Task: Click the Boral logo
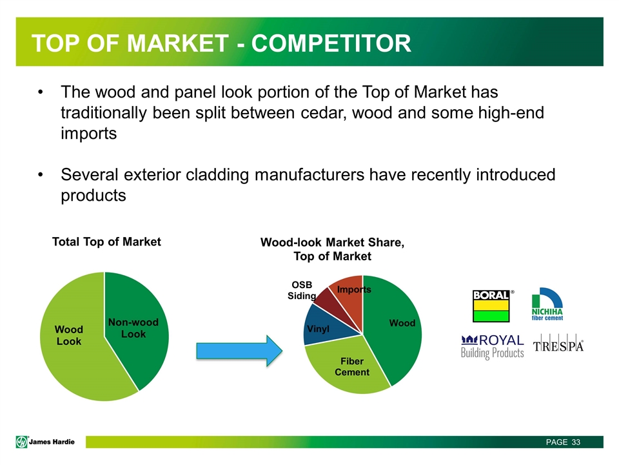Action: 491,305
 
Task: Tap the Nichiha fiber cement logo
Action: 547,304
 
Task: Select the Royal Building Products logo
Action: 492,347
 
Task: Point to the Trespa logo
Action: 558,346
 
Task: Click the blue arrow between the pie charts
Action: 239,351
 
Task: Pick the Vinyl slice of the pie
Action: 322,326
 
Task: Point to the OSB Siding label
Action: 302,290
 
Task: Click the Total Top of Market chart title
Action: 106,242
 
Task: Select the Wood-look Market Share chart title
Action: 333,249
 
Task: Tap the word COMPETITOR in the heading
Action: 331,43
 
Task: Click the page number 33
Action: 576,442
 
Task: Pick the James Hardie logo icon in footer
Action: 22,442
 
